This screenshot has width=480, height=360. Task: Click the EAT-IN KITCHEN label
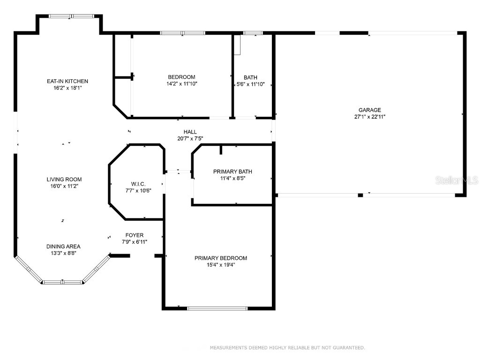click(x=67, y=81)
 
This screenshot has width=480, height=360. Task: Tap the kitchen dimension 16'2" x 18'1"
click(x=67, y=88)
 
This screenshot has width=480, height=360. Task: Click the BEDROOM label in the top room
click(x=181, y=77)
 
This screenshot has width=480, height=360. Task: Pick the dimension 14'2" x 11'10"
click(x=181, y=84)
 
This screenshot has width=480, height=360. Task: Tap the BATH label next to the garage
click(x=250, y=77)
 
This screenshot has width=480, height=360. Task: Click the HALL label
click(x=190, y=132)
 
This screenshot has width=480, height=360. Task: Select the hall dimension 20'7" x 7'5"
click(x=190, y=138)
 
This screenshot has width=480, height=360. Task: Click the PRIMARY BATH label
click(x=232, y=172)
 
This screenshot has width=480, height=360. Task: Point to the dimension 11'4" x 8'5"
click(x=232, y=178)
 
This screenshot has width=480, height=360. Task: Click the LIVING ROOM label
click(x=64, y=179)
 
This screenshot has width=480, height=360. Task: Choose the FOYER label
click(x=134, y=235)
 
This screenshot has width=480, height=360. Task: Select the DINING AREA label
click(x=63, y=247)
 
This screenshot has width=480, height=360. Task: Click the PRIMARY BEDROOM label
click(x=221, y=258)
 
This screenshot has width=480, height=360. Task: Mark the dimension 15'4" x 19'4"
click(x=221, y=264)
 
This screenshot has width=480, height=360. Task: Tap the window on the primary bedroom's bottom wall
click(x=217, y=308)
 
